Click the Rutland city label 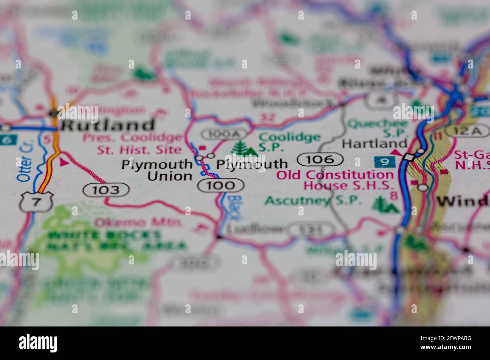[x=108, y=125]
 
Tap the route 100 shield [x=221, y=185]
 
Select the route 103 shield [x=106, y=189]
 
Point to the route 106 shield [x=320, y=160]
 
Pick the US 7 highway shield [x=35, y=202]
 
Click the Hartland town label [x=374, y=143]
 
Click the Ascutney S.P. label [x=313, y=200]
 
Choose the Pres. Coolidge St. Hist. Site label [x=133, y=143]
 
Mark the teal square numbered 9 [x=384, y=162]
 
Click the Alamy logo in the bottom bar [x=38, y=343]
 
